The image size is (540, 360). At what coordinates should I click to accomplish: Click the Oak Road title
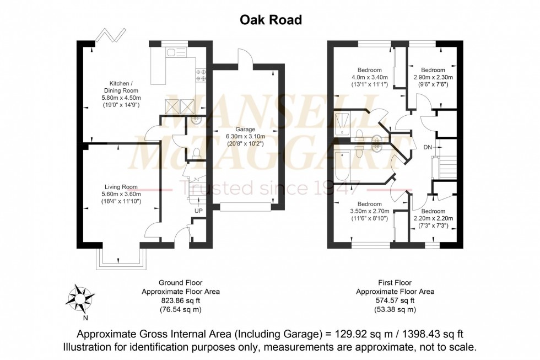pyautogui.click(x=271, y=20)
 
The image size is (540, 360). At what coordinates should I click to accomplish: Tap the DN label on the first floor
pyautogui.click(x=428, y=147)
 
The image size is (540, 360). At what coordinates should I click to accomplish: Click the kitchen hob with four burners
pyautogui.click(x=201, y=75)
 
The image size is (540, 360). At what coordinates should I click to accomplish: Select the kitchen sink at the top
pyautogui.click(x=178, y=53)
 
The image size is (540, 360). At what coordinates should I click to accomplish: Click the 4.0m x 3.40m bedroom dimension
pyautogui.click(x=370, y=78)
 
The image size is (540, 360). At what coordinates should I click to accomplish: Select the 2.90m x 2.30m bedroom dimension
pyautogui.click(x=433, y=78)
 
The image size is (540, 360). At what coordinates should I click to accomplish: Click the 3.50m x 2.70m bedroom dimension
pyautogui.click(x=370, y=211)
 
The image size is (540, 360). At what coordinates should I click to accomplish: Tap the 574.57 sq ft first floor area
pyautogui.click(x=395, y=302)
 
